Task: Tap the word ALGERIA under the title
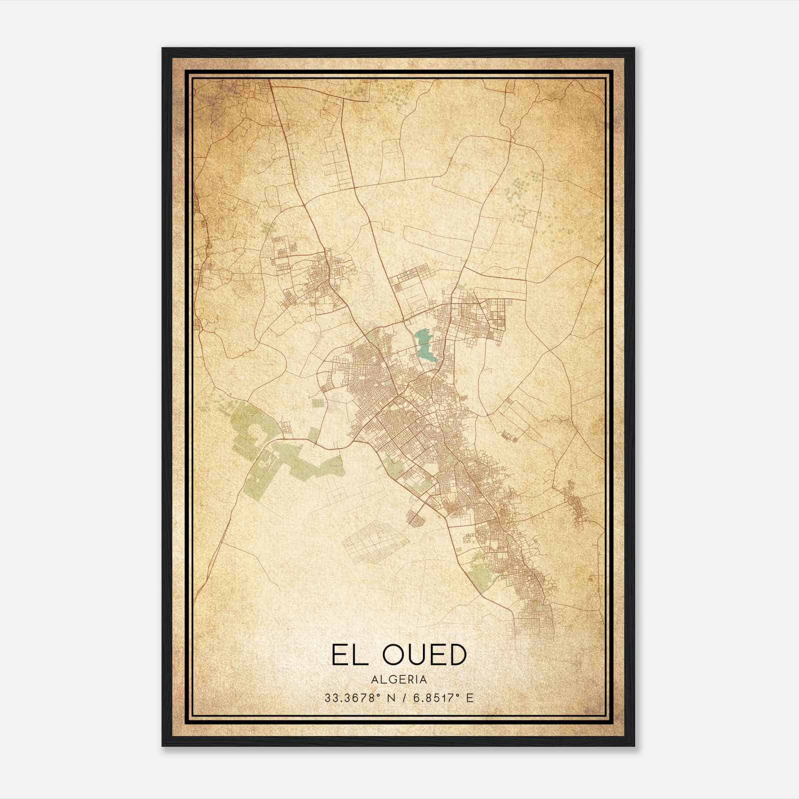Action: click(x=399, y=680)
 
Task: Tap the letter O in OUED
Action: click(x=395, y=655)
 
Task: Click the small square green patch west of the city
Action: click(x=318, y=403)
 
